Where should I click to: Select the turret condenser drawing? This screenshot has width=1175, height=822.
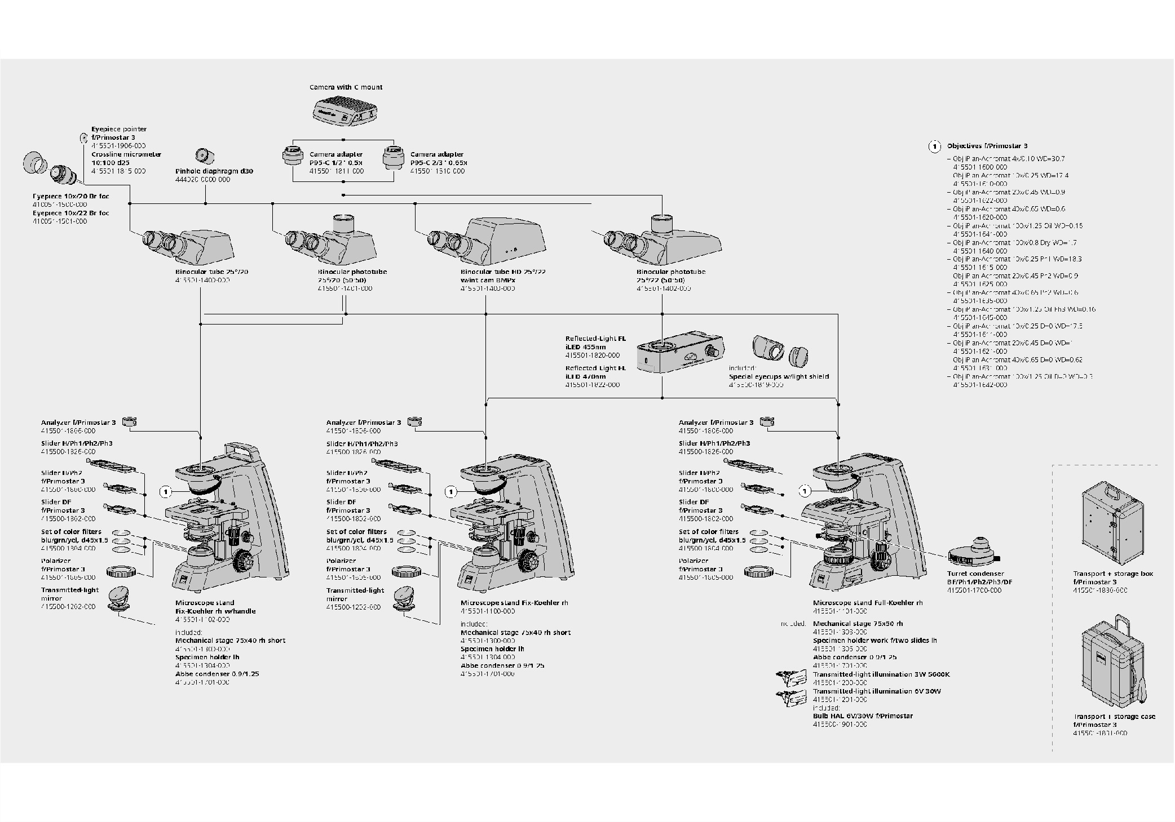pyautogui.click(x=973, y=555)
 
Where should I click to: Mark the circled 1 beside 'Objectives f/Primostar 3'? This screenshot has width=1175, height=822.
pyautogui.click(x=934, y=146)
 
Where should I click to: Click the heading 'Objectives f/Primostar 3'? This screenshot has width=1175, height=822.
pyautogui.click(x=987, y=146)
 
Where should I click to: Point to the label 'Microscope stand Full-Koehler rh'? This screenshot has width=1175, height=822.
pyautogui.click(x=868, y=603)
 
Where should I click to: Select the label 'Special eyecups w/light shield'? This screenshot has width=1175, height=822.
pyautogui.click(x=779, y=376)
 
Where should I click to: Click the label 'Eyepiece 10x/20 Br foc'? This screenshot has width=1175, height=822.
pyautogui.click(x=71, y=197)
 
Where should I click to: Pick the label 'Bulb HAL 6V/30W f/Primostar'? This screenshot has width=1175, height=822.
pyautogui.click(x=863, y=716)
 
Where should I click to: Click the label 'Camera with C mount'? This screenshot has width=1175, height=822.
pyautogui.click(x=346, y=87)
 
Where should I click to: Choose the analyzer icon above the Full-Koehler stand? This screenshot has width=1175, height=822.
pyautogui.click(x=767, y=421)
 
